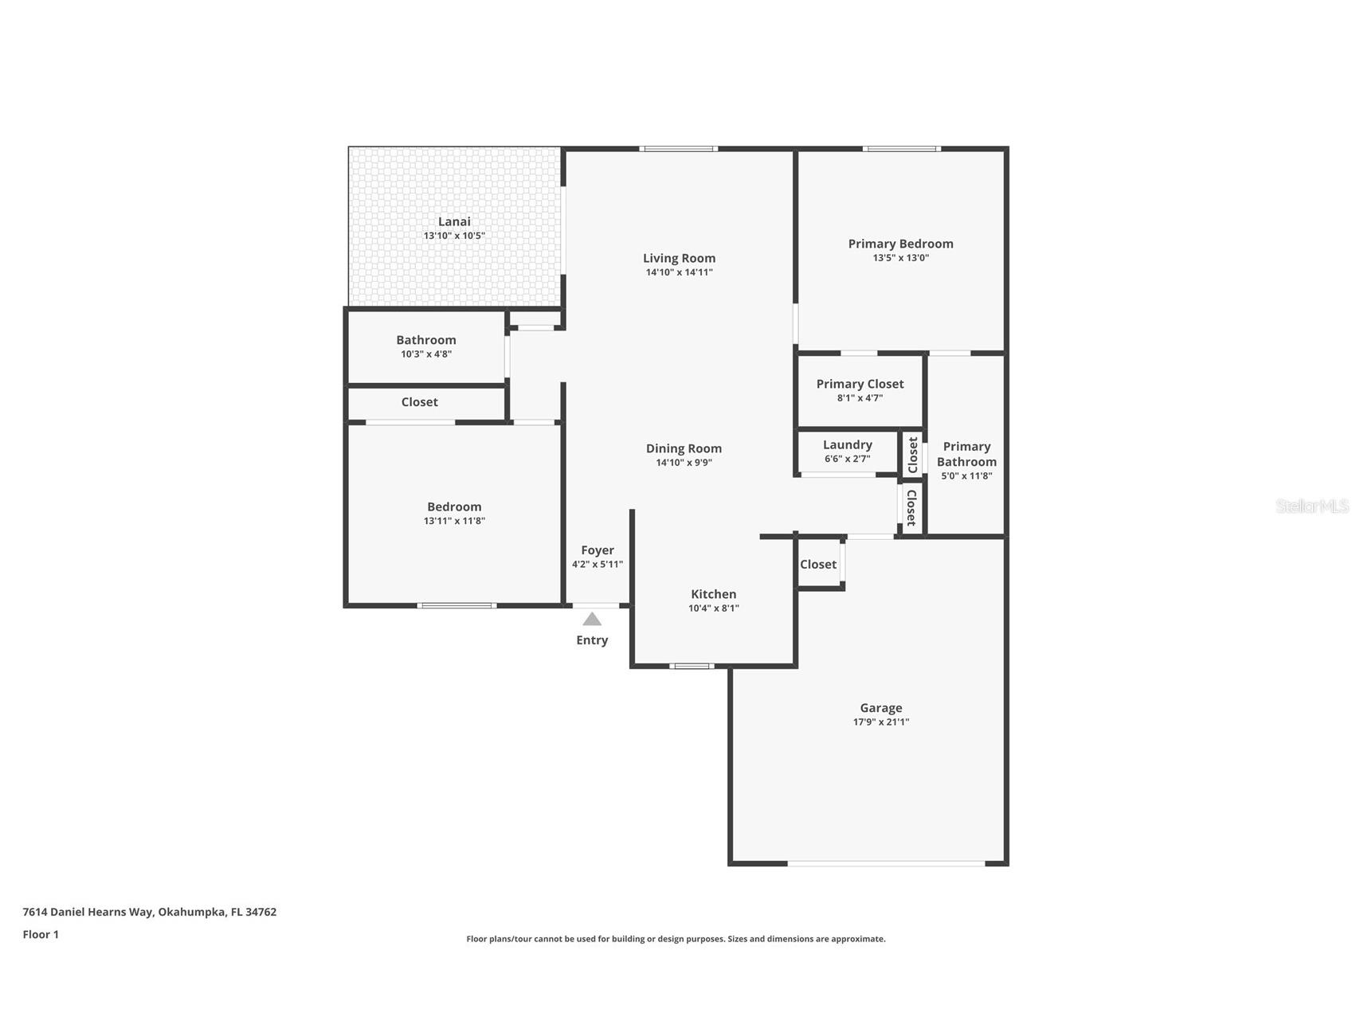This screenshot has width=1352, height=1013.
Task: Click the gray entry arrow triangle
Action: pos(591,620)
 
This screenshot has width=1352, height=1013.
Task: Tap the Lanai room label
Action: pos(454,221)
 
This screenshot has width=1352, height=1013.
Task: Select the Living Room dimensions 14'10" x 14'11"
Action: pos(679,272)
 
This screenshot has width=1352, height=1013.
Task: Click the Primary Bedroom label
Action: pos(900,244)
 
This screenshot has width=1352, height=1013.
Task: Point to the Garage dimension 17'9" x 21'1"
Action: pos(880,722)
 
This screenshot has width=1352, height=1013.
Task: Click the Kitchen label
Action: pos(713,594)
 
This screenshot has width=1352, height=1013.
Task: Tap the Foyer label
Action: pos(597,550)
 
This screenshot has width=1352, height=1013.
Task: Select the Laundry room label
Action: pos(847,444)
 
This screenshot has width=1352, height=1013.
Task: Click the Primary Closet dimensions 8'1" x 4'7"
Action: pos(860,398)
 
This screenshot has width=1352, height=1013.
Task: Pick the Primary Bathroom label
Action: pos(966,454)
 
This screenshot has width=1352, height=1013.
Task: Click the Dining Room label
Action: pos(684,448)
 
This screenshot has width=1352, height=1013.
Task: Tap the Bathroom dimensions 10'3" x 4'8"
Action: pos(426,354)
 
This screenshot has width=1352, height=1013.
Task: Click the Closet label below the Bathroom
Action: pos(419,402)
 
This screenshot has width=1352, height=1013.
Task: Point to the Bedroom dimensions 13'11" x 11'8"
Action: pos(454,521)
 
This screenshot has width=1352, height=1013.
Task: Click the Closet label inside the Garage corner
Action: pos(818,565)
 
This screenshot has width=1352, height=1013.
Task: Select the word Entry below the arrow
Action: pos(592,640)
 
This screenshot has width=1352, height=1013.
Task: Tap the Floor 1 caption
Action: pos(41,934)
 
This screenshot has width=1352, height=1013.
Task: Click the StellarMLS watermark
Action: pos(1311,506)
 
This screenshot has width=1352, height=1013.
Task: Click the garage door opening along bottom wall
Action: pos(886,863)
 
